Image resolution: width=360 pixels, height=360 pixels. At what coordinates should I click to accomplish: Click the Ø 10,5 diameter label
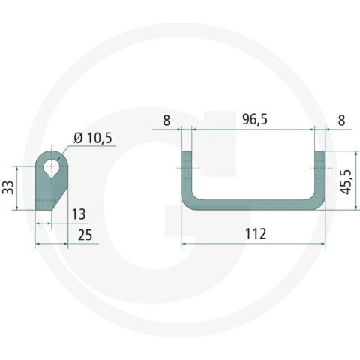pyautogui.click(x=93, y=138)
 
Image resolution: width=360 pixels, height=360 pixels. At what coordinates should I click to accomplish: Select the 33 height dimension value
pyautogui.click(x=8, y=187)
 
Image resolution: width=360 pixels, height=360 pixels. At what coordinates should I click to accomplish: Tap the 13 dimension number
pyautogui.click(x=79, y=214)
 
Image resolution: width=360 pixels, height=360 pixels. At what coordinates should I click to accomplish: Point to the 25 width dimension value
pyautogui.click(x=85, y=235)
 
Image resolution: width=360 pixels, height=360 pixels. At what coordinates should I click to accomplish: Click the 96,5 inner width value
pyautogui.click(x=255, y=119)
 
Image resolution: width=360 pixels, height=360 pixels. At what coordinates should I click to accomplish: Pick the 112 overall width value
pyautogui.click(x=256, y=234)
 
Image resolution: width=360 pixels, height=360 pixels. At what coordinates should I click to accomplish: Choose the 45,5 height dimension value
pyautogui.click(x=346, y=182)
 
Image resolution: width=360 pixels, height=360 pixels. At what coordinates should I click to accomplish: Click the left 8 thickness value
pyautogui.click(x=166, y=121)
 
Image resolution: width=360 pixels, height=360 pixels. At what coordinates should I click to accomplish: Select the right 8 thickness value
pyautogui.click(x=341, y=121)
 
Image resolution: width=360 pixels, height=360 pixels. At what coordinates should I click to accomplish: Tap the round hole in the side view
pyautogui.click(x=52, y=166)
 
